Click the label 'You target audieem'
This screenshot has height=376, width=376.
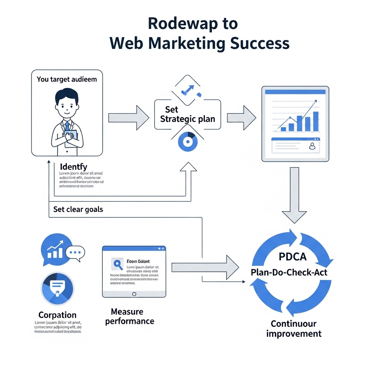click(x=67, y=79)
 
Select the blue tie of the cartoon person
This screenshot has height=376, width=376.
click(x=67, y=127)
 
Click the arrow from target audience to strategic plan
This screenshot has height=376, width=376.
click(x=129, y=118)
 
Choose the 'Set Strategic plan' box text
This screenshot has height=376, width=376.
click(x=187, y=114)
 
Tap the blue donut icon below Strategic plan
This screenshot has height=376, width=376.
click(x=188, y=142)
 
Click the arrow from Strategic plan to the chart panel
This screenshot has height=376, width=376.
click(x=242, y=117)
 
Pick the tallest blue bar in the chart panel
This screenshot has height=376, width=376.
click(x=315, y=121)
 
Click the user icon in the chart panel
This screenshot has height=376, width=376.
click(x=312, y=147)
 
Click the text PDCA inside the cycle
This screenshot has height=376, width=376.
click(x=292, y=257)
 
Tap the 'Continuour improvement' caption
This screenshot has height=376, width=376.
click(x=293, y=329)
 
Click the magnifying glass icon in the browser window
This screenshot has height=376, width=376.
click(x=118, y=264)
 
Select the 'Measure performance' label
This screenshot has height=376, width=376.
click(x=129, y=317)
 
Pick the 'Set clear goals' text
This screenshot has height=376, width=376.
click(x=78, y=210)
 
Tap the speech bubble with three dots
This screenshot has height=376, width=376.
click(x=75, y=253)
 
